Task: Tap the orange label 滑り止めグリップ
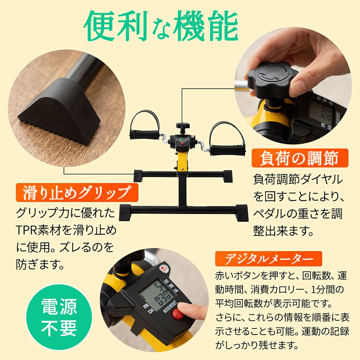[77, 192]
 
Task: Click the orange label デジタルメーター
[268, 259]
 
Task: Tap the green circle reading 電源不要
[59, 317]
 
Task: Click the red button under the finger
[178, 315]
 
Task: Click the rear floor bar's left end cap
[138, 175]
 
